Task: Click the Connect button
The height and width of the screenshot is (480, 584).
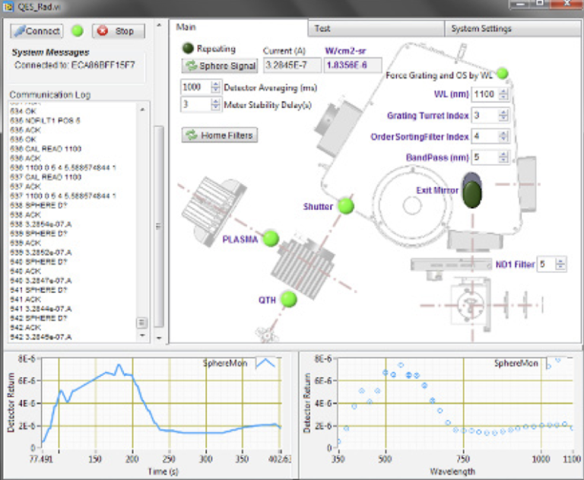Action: click(38, 31)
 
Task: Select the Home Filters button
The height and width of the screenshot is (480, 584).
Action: click(221, 135)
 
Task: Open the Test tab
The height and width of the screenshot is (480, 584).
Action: click(323, 28)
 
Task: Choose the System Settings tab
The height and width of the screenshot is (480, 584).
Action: click(481, 28)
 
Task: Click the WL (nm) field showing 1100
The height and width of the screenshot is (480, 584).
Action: click(484, 94)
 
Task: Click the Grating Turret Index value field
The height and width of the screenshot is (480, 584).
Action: click(484, 116)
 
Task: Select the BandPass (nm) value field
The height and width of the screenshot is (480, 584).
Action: click(484, 157)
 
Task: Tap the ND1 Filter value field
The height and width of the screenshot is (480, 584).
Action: click(546, 264)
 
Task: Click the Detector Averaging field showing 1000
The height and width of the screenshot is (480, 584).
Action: click(192, 87)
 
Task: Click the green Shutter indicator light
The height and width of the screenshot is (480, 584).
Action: click(346, 206)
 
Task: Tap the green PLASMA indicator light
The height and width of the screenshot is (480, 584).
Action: click(271, 238)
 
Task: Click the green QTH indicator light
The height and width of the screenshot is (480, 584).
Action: click(288, 299)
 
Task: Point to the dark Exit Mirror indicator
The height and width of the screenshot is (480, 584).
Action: click(472, 192)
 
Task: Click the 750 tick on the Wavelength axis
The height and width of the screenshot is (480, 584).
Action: click(462, 459)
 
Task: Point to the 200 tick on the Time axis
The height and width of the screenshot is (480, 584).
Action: click(132, 459)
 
